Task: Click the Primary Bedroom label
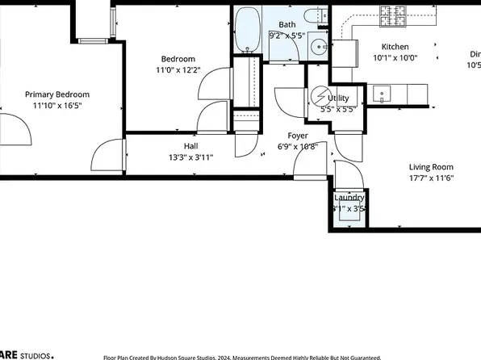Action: (x=56, y=94)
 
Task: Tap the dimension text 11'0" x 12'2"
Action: (x=178, y=70)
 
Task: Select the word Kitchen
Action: (x=395, y=47)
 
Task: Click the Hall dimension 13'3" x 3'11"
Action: (x=190, y=157)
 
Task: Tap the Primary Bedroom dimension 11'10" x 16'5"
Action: (x=56, y=106)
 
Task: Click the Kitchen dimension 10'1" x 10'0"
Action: (x=395, y=58)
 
